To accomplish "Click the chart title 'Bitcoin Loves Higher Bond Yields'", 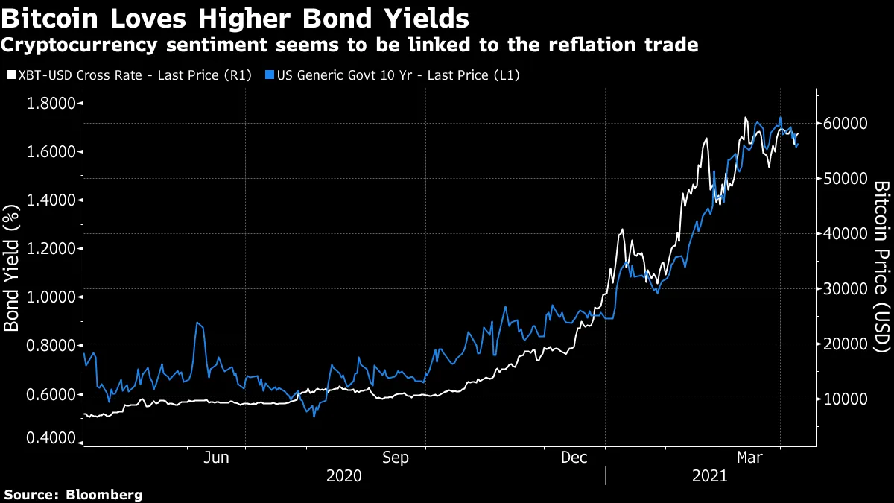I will pyautogui.click(x=235, y=16).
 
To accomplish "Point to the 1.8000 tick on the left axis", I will pyautogui.click(x=53, y=104).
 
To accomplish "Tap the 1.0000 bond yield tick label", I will pyautogui.click(x=53, y=297).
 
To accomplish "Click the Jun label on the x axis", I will pyautogui.click(x=215, y=458).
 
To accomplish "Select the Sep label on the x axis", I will pyautogui.click(x=395, y=458).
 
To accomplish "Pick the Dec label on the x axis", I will pyautogui.click(x=575, y=458).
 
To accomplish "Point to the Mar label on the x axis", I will pyautogui.click(x=749, y=458).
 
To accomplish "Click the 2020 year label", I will pyautogui.click(x=344, y=475).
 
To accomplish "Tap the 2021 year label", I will pyautogui.click(x=711, y=475).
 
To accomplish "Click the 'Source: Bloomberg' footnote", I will pyautogui.click(x=73, y=494).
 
